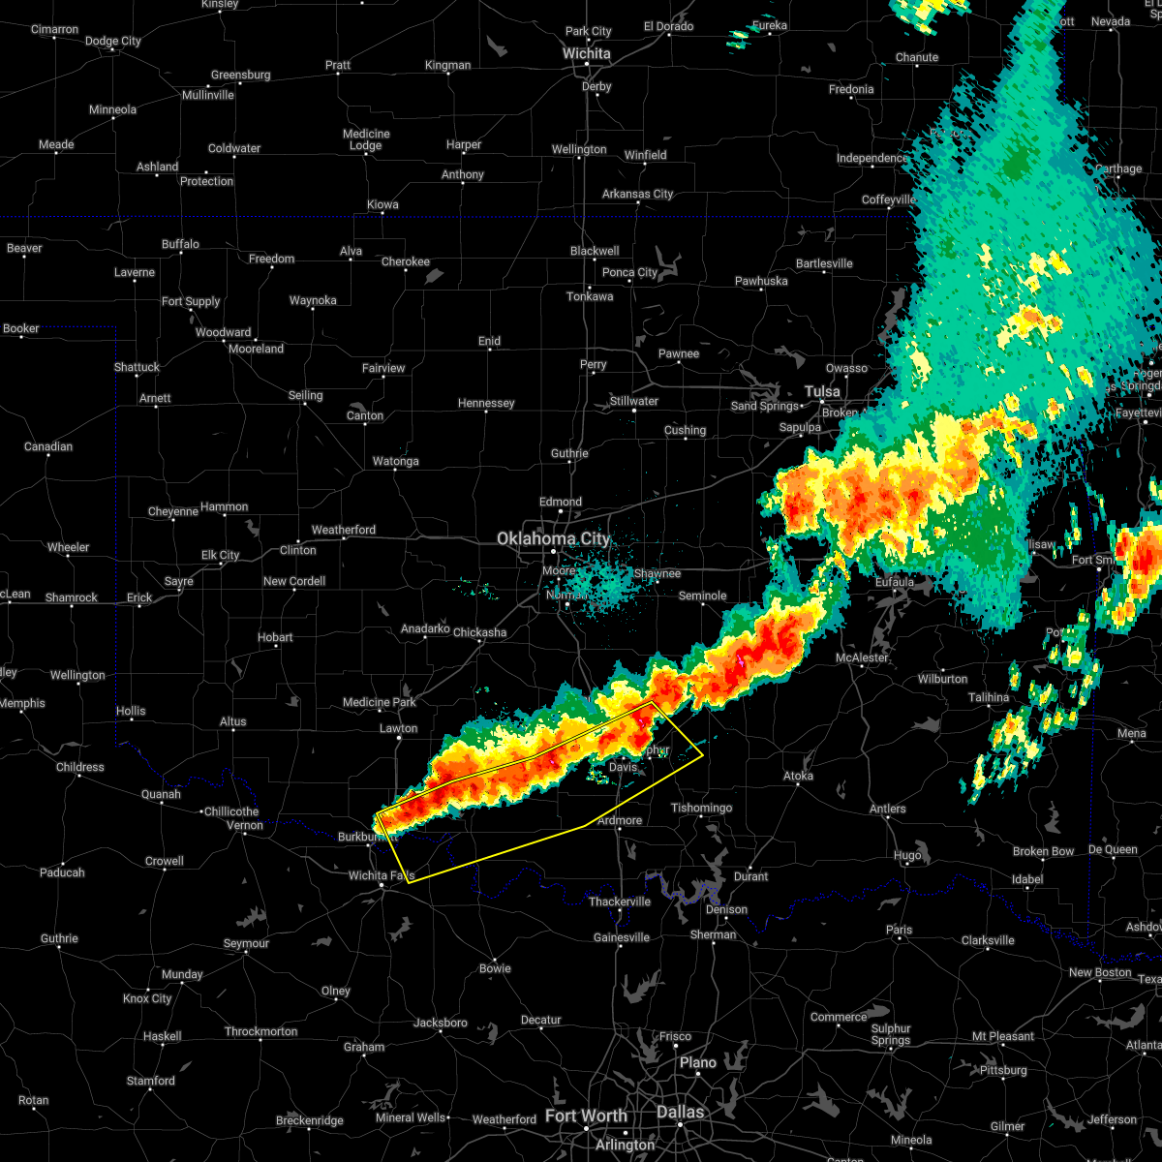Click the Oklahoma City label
click(554, 538)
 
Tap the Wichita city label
click(587, 53)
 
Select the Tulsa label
click(822, 391)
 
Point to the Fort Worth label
click(586, 1116)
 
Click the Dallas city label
click(680, 1112)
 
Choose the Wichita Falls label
click(381, 875)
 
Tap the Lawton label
click(398, 728)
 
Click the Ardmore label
click(619, 820)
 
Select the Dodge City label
click(113, 41)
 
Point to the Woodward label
click(223, 332)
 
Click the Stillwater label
click(634, 401)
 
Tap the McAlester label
click(862, 657)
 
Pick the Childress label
click(80, 767)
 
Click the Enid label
click(489, 341)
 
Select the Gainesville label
click(621, 936)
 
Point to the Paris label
click(899, 930)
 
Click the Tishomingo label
click(702, 808)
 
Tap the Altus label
click(232, 721)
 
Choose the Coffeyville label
click(889, 199)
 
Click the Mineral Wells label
click(410, 1117)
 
